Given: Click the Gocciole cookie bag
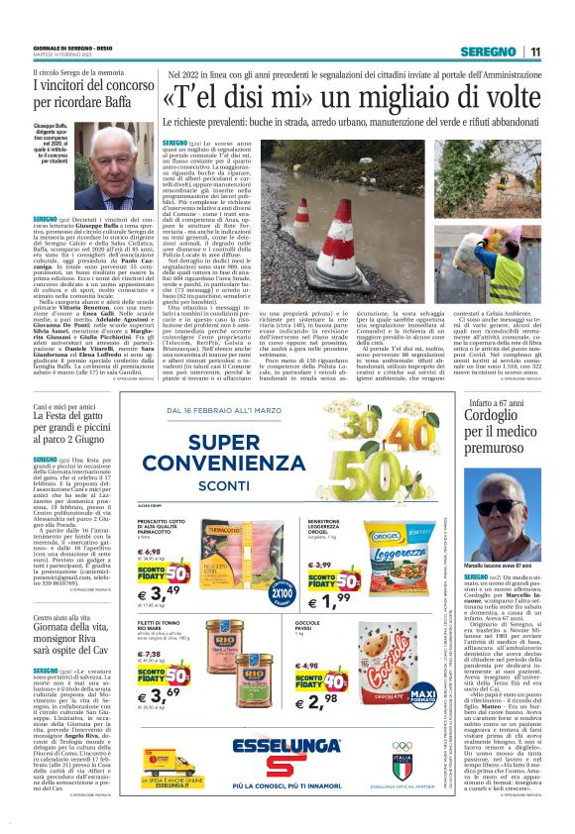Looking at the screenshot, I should [420, 661].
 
